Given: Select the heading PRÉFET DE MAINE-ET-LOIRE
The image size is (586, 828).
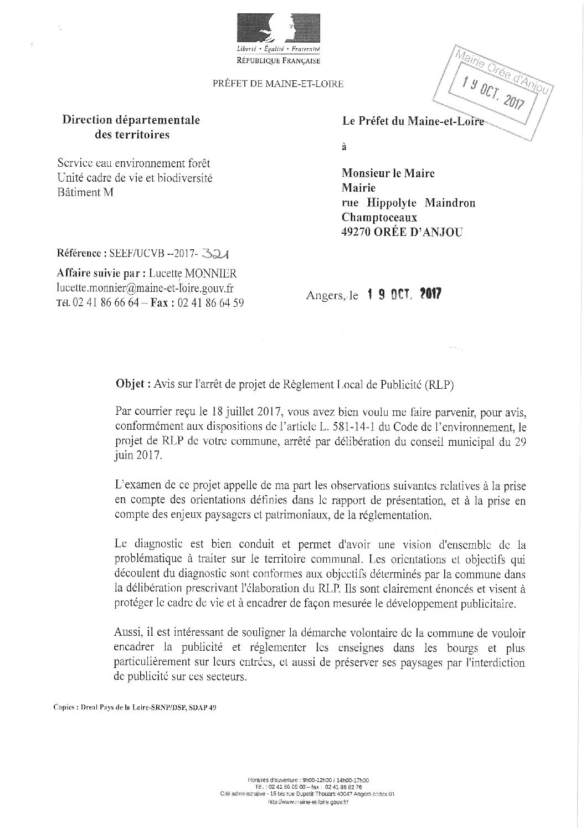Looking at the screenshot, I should [278, 84].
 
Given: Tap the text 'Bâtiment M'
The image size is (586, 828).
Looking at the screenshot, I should [84, 192].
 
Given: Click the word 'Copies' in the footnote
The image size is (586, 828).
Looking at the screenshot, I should [65, 707].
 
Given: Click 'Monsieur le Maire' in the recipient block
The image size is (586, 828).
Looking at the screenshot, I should [388, 173].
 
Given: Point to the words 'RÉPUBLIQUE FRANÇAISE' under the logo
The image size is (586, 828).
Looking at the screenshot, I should [278, 60].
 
